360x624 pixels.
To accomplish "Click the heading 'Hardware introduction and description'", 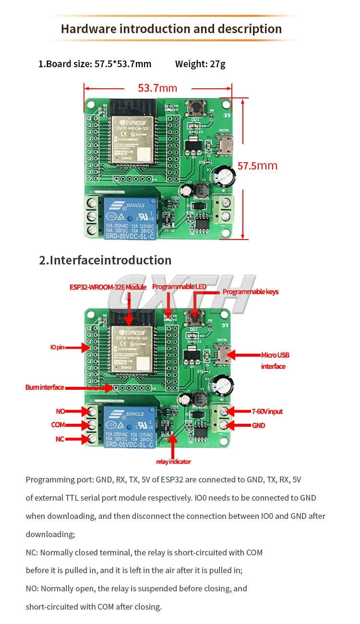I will click(171, 29).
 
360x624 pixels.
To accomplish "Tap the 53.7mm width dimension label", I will click(157, 88).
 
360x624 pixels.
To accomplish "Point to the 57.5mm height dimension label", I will click(257, 166).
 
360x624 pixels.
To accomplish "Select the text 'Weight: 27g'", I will click(200, 64).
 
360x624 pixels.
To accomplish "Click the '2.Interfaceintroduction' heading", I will click(105, 260).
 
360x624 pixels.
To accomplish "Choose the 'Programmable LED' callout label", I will click(179, 287).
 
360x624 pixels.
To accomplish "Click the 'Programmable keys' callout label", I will click(250, 292).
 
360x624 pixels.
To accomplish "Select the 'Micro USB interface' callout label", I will click(275, 360).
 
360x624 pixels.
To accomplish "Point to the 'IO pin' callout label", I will click(57, 347).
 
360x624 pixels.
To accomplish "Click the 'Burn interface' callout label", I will click(45, 387).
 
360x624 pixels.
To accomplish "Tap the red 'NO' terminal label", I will click(60, 411).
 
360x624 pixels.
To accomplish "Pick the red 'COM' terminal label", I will click(58, 425).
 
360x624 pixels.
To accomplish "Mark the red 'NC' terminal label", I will click(60, 439).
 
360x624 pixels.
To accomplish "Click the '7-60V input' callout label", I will click(267, 411).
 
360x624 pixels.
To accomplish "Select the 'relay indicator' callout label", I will click(173, 462).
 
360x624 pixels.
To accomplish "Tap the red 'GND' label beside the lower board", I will click(258, 425).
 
